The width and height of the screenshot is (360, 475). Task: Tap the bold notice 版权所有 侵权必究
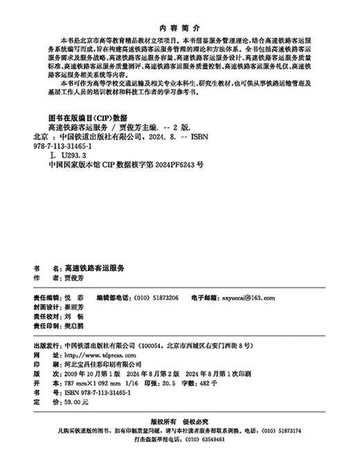pos(179,421)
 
